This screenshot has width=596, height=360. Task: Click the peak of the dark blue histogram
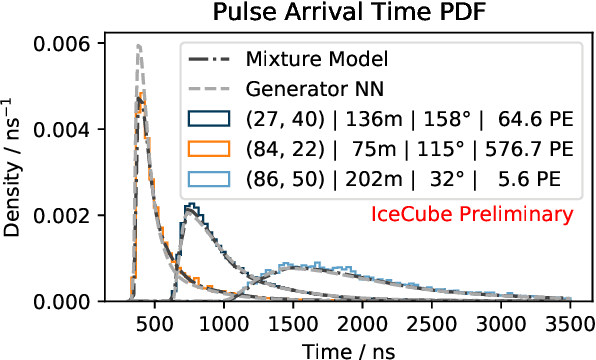click(x=191, y=206)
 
